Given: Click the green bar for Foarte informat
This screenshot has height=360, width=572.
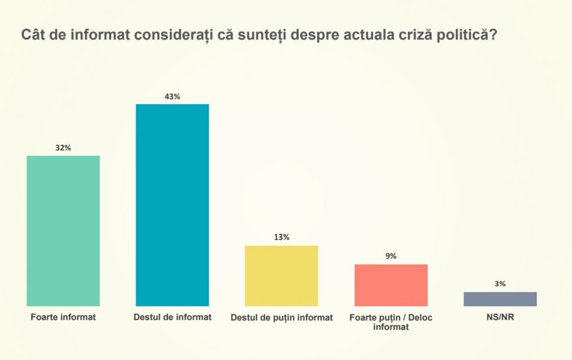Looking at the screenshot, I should (63, 231).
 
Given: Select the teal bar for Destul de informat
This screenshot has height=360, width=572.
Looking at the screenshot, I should (172, 205).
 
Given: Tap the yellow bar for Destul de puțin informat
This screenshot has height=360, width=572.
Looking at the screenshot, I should (281, 276).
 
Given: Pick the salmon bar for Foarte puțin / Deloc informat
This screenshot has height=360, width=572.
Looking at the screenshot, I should (390, 285).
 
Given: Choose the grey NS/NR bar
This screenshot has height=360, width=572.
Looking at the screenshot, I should (500, 299).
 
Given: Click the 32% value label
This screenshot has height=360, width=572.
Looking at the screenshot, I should (63, 148).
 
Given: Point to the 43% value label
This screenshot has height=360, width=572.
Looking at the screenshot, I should (172, 97).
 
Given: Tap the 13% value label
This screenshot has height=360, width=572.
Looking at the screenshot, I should (281, 237).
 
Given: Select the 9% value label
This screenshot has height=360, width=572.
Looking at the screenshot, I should (390, 256).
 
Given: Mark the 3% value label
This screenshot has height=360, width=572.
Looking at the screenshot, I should (500, 283).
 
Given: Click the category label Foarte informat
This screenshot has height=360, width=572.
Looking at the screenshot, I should (63, 318).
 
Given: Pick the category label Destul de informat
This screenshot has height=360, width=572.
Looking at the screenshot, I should (172, 318).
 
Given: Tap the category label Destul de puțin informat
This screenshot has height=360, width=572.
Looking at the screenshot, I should (281, 318).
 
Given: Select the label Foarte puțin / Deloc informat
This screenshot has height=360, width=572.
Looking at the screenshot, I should (390, 322).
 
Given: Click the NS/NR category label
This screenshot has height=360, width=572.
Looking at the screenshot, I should (500, 318).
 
